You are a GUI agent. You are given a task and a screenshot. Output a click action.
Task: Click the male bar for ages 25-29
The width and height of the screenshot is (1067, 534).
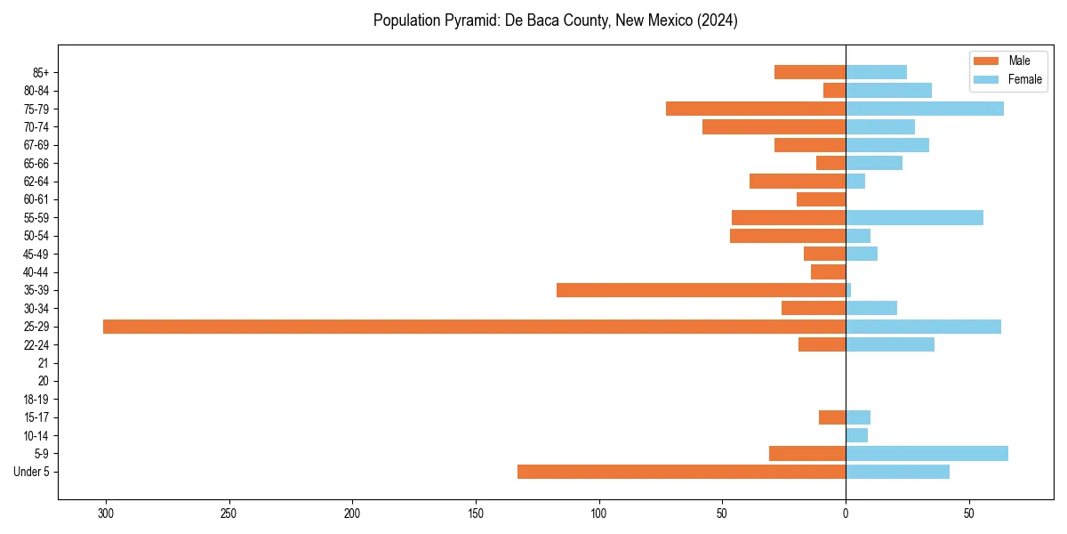[474, 327]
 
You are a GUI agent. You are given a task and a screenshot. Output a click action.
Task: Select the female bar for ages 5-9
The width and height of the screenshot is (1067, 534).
[927, 454]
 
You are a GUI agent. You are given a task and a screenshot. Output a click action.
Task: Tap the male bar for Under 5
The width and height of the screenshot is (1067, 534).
[681, 472]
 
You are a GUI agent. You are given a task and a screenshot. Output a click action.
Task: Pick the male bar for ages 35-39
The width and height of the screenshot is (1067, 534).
[701, 290]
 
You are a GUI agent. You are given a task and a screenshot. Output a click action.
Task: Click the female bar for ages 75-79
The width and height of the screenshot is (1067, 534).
[925, 109]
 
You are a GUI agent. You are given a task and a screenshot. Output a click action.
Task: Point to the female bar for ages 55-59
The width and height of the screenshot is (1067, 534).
[914, 218]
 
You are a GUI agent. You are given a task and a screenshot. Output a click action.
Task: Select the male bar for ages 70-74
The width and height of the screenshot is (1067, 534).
[774, 127]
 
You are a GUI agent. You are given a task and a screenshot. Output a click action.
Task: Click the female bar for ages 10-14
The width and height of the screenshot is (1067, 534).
[856, 435]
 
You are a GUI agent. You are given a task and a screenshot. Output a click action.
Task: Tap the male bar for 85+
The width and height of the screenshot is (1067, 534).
[810, 72]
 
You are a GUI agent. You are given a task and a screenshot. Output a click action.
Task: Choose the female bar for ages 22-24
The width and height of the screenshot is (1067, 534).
[890, 344]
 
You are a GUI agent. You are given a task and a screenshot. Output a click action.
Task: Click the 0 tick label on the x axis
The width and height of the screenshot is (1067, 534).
[846, 514]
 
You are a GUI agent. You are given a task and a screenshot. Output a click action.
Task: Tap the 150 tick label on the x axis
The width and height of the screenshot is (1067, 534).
[476, 514]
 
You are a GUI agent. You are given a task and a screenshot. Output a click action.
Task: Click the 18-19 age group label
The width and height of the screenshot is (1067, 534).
[36, 400]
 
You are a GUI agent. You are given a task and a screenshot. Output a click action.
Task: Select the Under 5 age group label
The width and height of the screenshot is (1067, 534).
[31, 472]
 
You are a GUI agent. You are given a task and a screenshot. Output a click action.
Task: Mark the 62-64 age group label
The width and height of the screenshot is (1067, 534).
[36, 182]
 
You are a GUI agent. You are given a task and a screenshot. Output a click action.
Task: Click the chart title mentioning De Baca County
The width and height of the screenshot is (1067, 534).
[555, 20]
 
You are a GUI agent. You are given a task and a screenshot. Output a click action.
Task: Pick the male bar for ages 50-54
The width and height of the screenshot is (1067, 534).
[788, 236]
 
